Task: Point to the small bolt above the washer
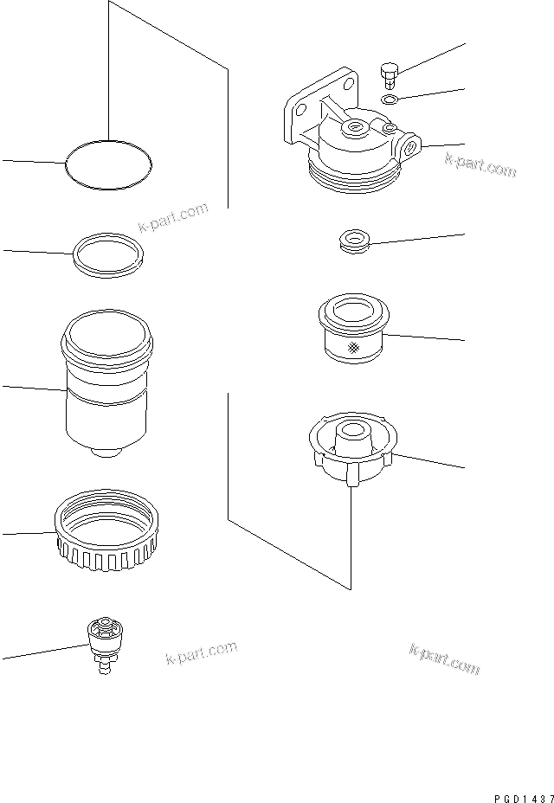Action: coord(388,76)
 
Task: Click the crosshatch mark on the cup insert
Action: coord(353,349)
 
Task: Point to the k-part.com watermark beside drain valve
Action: coord(200,656)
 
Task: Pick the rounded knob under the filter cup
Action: coord(105,452)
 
